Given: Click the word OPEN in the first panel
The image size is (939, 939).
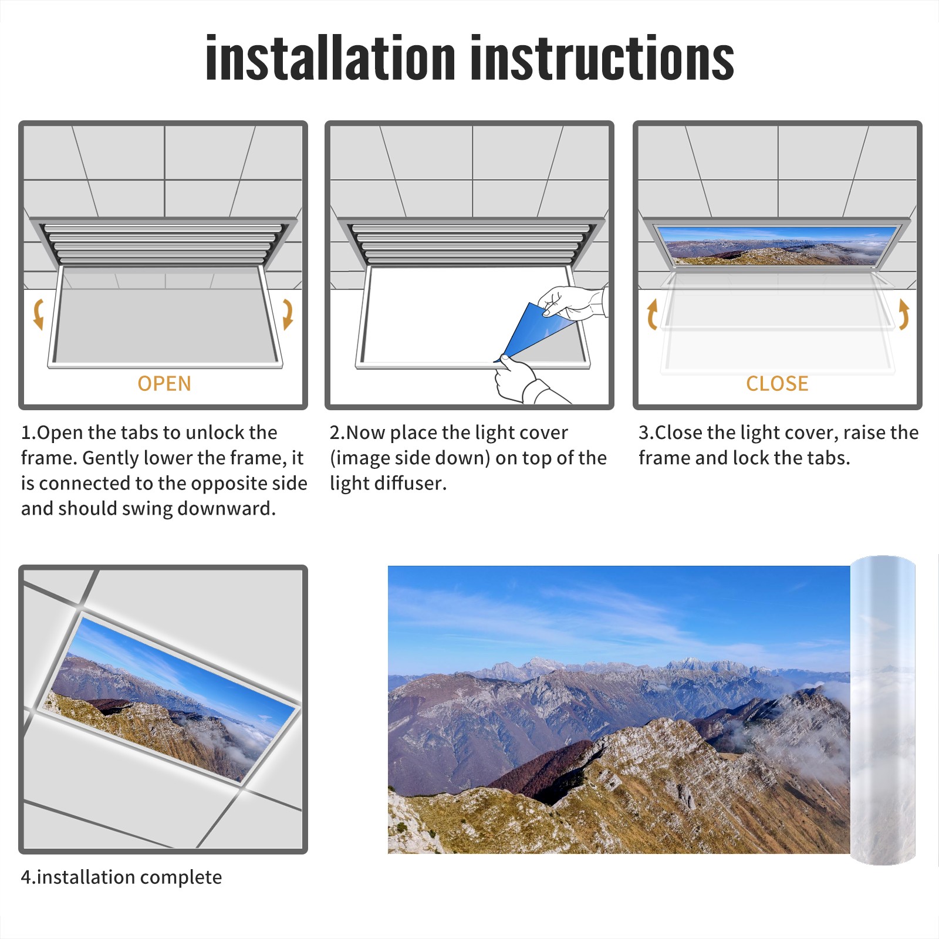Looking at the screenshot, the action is coord(164,384).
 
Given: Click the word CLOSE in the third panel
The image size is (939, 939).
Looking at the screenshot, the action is coord(777,384).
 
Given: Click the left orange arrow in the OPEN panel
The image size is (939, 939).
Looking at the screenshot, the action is coord(38,314).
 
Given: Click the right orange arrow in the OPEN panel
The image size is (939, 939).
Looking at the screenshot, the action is coord(288,314).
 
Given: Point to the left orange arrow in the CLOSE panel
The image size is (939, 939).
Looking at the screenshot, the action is coord(652,314).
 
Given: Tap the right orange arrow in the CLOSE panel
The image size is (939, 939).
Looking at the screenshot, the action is coord(904,314).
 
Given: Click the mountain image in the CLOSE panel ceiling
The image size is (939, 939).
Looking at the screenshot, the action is coord(777,245).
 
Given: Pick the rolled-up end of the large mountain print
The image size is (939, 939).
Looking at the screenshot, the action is coord(883,710).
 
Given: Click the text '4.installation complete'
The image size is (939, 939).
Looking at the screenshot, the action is coord(121,877).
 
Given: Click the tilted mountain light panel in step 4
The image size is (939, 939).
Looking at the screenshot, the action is coord(172,697).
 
